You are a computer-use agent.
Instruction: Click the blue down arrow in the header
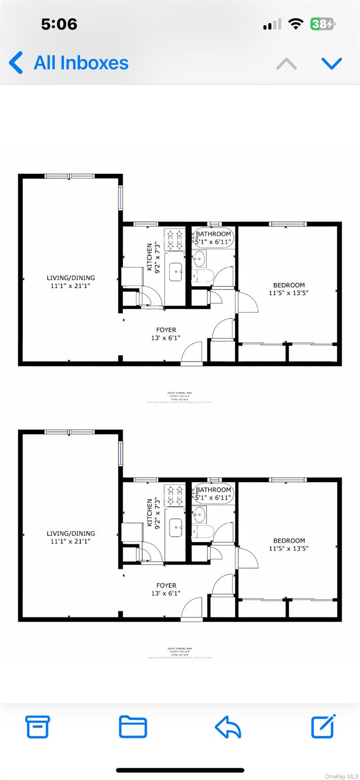coord(332,63)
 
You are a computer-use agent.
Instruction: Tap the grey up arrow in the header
coord(286,63)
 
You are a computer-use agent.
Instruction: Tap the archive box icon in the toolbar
coord(38,727)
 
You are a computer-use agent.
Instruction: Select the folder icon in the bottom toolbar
coord(133,727)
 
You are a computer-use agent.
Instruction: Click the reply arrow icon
coord(227,727)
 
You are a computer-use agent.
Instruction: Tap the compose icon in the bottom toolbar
coord(323,726)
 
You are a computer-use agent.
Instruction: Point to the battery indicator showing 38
coord(322,24)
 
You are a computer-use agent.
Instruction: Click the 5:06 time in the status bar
coord(59,24)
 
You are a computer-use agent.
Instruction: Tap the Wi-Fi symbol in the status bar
coord(296,24)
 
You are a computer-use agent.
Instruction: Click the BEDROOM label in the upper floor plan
coord(289,285)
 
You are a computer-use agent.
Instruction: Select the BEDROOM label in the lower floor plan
coord(289,541)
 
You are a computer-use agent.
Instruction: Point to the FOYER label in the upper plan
coord(166,330)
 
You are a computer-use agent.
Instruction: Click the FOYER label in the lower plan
coord(166,586)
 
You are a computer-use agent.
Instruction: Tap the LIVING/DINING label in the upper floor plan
coord(71,278)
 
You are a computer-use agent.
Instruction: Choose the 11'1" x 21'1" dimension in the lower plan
coord(71,541)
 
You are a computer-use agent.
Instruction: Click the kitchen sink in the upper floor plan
coord(176,272)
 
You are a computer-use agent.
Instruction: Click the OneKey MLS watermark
coord(341,776)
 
